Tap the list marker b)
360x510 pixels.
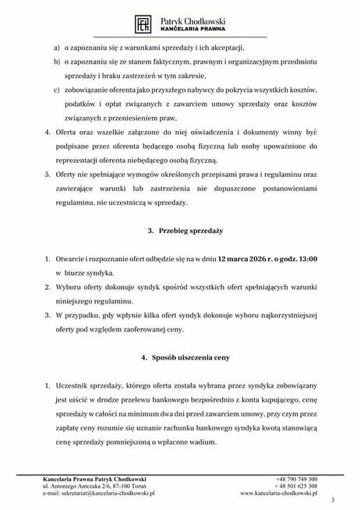click(57, 62)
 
